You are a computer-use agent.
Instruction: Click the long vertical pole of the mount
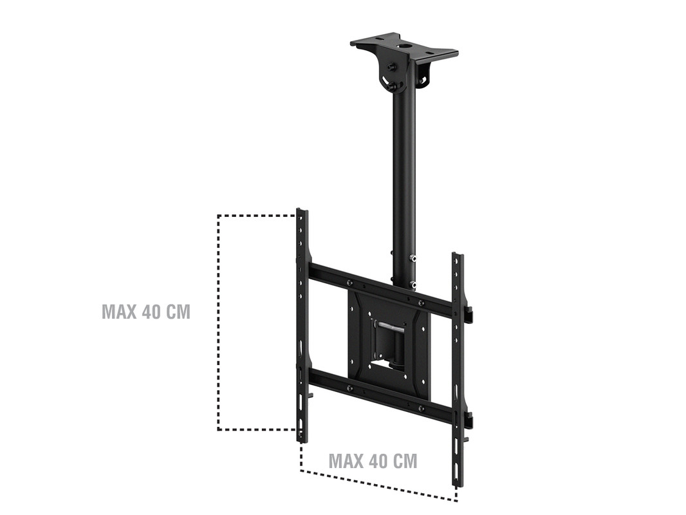[404, 175]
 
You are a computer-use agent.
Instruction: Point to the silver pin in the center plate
[392, 325]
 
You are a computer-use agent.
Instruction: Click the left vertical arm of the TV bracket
[302, 326]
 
